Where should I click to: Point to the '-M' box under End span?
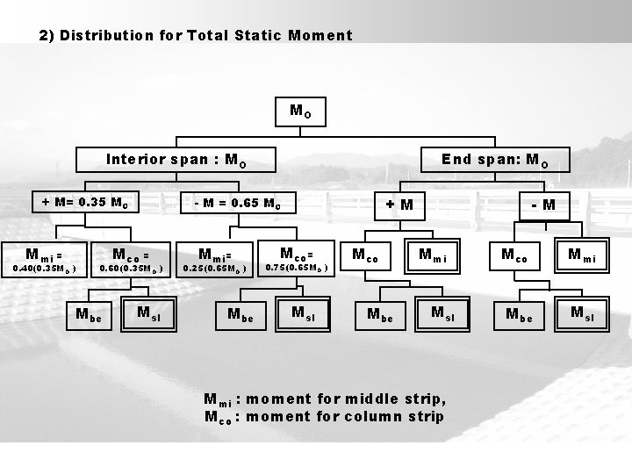(x=542, y=205)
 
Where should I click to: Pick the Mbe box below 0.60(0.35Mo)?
(x=89, y=312)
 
